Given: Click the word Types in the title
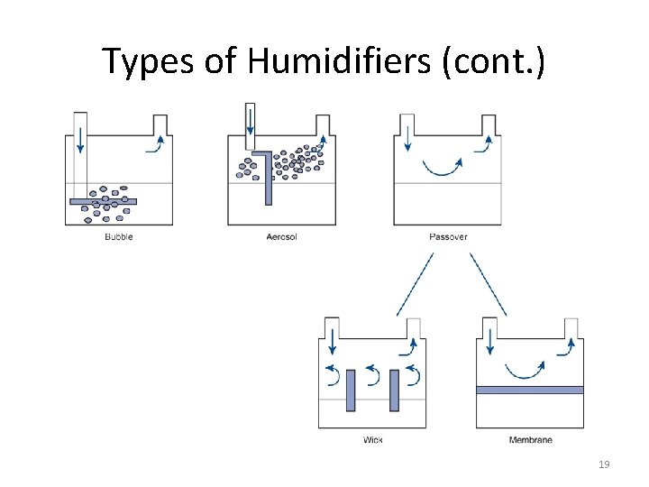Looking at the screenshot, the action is pos(144,61).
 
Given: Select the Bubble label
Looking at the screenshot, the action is pos(119,237).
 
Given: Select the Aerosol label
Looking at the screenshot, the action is pos(281,237).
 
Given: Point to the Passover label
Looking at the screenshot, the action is pos(448,237).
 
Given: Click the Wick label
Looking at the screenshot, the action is pos(372,440).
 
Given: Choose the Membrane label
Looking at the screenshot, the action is pos(531,440).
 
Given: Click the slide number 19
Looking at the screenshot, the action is pos(604,464).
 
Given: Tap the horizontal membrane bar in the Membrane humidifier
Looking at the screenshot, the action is pos(530,390).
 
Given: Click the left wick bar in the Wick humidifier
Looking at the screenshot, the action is pos(351,390).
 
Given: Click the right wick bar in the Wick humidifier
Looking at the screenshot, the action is pos(394,390).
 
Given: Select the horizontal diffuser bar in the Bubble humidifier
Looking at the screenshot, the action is pos(104,201).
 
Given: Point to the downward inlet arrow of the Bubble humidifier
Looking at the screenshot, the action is pos(80,140).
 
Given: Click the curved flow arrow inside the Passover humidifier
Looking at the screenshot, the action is pos(443,168).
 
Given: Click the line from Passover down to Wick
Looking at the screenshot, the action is pos(415,283).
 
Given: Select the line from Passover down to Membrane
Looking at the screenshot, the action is pos(487,283).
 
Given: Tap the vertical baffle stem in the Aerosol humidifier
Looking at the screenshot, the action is pos(268,180).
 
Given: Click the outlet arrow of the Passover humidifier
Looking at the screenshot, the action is pos(484,143).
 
